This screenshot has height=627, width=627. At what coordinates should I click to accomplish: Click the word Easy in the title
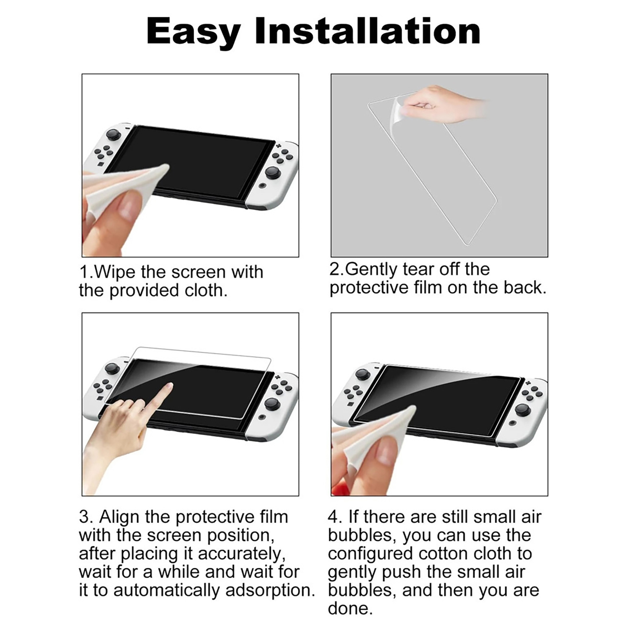coord(194,32)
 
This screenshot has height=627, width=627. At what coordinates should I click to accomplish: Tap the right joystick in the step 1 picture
coord(273,172)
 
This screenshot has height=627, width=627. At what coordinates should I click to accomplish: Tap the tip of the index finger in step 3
coord(169,386)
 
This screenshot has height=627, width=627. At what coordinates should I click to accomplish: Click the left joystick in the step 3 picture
coord(112,368)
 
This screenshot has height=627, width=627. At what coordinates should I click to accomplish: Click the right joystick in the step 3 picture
coord(272,404)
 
